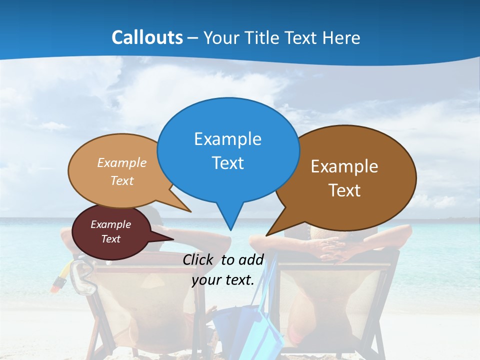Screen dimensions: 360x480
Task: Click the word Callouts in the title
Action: tap(147, 37)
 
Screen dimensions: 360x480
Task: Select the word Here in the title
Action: tap(342, 37)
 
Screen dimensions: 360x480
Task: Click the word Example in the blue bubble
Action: tap(227, 139)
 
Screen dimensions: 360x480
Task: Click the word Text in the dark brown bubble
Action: tap(344, 190)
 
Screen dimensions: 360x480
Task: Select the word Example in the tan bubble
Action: tap(121, 163)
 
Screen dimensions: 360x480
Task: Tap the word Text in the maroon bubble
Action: tap(110, 239)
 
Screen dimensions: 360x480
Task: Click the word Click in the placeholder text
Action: tap(197, 259)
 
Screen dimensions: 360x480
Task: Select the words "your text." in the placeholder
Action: tap(222, 280)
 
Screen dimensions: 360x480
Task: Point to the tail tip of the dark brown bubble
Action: tap(266, 235)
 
